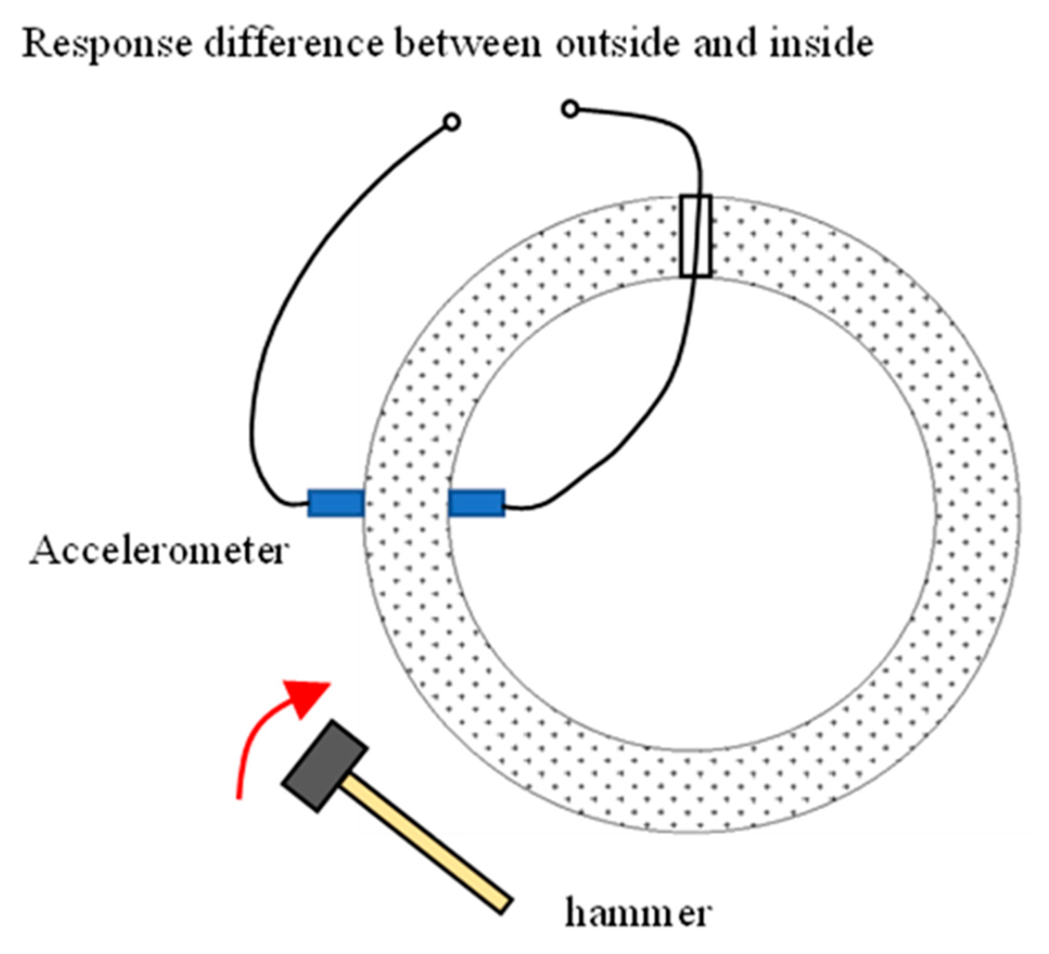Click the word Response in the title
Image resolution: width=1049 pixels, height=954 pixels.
107,45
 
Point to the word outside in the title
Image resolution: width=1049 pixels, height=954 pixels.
617,44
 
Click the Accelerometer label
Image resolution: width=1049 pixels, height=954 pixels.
159,552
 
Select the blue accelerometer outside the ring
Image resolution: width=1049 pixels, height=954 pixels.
336,503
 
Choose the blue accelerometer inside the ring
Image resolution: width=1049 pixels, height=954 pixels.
476,503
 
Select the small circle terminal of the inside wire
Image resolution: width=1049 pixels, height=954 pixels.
570,109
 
